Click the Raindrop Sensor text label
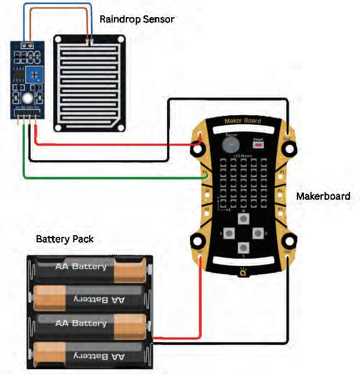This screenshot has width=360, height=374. click(138, 19)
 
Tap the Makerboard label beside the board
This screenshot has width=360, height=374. click(323, 196)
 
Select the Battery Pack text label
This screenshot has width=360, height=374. click(64, 239)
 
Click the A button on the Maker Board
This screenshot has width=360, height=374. click(228, 233)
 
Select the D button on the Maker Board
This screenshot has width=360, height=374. click(257, 233)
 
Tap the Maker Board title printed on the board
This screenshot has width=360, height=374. click(242, 122)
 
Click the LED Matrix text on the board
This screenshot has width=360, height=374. click(242, 155)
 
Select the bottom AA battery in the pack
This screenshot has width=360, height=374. click(89, 355)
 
